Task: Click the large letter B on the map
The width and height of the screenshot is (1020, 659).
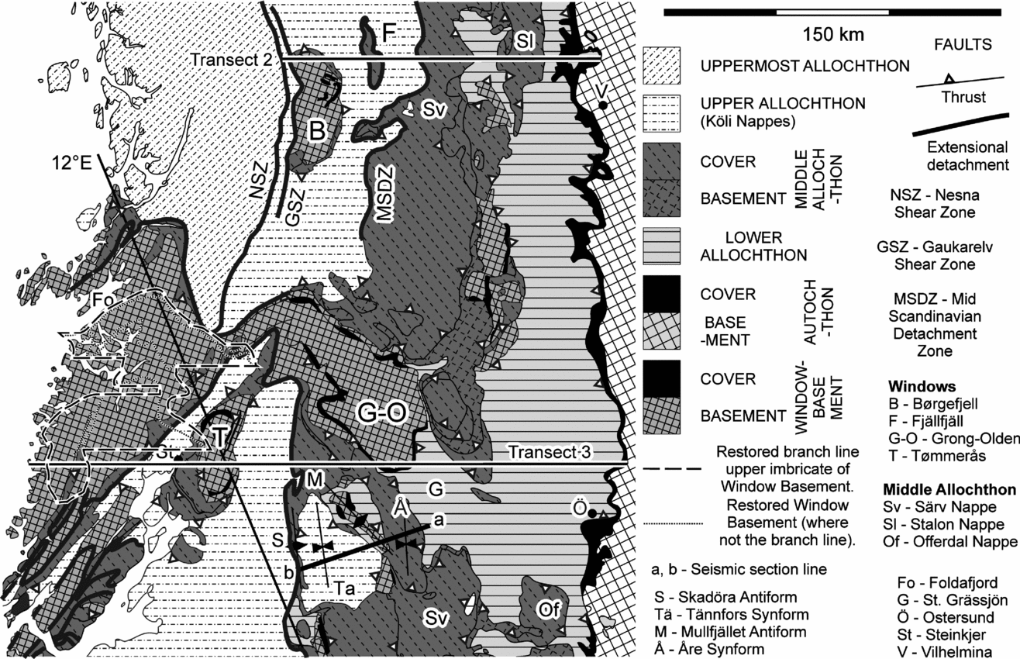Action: [316, 132]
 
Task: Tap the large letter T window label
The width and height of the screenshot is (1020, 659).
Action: [221, 438]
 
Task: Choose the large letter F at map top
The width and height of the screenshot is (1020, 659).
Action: [391, 32]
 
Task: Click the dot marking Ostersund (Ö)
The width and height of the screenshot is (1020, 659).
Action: [591, 513]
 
